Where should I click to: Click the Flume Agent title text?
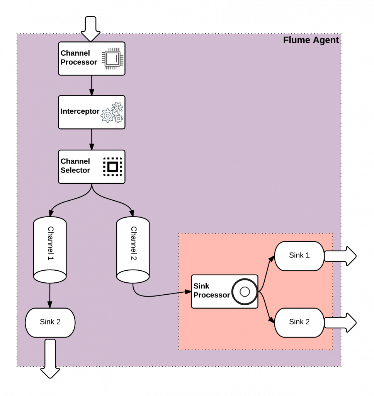tap(311, 40)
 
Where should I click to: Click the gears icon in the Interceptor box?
tap(112, 113)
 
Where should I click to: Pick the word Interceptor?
tap(80, 112)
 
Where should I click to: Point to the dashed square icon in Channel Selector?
tap(112, 167)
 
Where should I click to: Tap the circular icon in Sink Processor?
tap(245, 292)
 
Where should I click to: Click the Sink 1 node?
tap(299, 256)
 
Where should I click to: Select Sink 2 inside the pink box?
tap(299, 322)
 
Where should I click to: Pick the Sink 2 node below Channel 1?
tap(50, 322)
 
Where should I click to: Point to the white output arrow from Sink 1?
tap(340, 256)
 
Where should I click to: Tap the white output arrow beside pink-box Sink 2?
tap(340, 323)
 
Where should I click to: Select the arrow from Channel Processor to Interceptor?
tap(92, 85)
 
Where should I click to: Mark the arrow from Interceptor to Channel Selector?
tap(92, 139)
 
